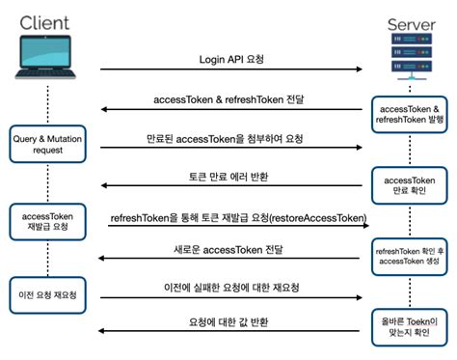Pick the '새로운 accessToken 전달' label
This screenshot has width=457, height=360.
(x=231, y=251)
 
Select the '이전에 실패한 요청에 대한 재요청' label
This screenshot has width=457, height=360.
(x=230, y=288)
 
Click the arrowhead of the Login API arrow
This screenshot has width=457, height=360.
(x=361, y=69)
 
